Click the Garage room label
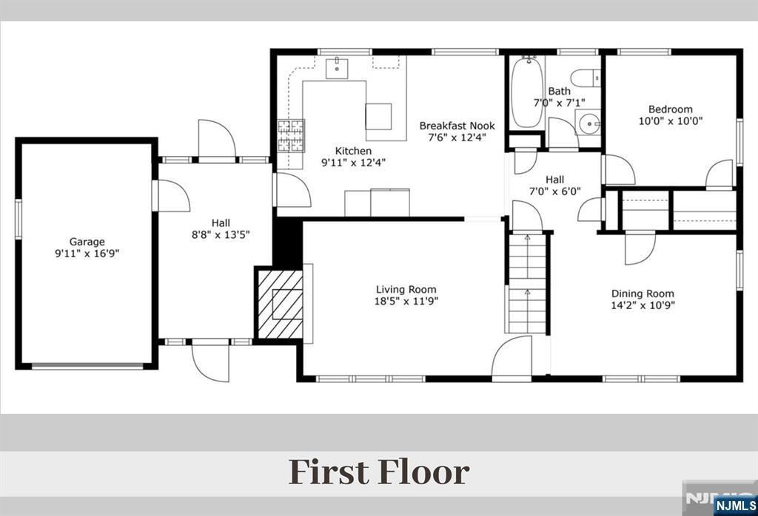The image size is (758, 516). point(87,242)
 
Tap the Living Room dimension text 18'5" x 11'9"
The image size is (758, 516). point(406,302)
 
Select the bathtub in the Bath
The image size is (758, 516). point(528,92)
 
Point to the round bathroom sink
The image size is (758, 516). point(588,123)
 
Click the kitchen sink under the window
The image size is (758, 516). point(337,67)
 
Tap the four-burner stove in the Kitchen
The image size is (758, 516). point(291,135)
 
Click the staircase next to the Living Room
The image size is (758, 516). point(526,283)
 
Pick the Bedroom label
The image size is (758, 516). point(671,109)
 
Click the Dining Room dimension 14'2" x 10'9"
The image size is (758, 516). point(643,305)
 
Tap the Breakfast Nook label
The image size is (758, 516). point(457,126)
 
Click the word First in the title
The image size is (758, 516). point(329,472)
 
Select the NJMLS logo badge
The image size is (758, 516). point(735,506)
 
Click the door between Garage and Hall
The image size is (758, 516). point(171,195)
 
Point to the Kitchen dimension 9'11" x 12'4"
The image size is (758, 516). point(353,163)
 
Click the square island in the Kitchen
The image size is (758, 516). point(378,116)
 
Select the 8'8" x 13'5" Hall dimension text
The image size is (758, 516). point(221,235)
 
